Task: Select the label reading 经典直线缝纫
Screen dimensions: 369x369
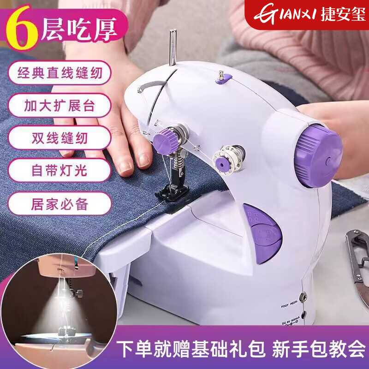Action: pyautogui.click(x=59, y=72)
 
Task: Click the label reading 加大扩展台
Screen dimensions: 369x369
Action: pyautogui.click(x=59, y=105)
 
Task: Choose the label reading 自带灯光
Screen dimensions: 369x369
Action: pyautogui.click(x=59, y=170)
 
